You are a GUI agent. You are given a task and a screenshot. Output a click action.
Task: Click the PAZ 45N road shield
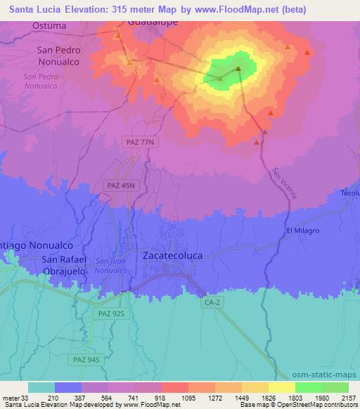coord(120,184)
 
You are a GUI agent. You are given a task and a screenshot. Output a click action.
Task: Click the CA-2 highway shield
coord(212,302)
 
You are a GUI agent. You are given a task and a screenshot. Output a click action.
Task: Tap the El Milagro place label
coord(303,231)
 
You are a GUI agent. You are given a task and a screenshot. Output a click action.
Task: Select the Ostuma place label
coord(49,25)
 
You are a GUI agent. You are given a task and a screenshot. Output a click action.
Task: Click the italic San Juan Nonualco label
coord(111,266)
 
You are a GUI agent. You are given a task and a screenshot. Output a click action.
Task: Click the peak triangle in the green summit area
coord(238,69)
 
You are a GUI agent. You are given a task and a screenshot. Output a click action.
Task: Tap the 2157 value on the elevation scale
coord(348,398)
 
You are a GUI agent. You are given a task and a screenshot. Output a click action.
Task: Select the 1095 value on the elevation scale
coord(188,398)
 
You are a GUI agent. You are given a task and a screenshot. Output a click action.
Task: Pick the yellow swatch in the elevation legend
coord(281,387)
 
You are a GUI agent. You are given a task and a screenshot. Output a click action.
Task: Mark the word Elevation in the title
coord(74,9)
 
